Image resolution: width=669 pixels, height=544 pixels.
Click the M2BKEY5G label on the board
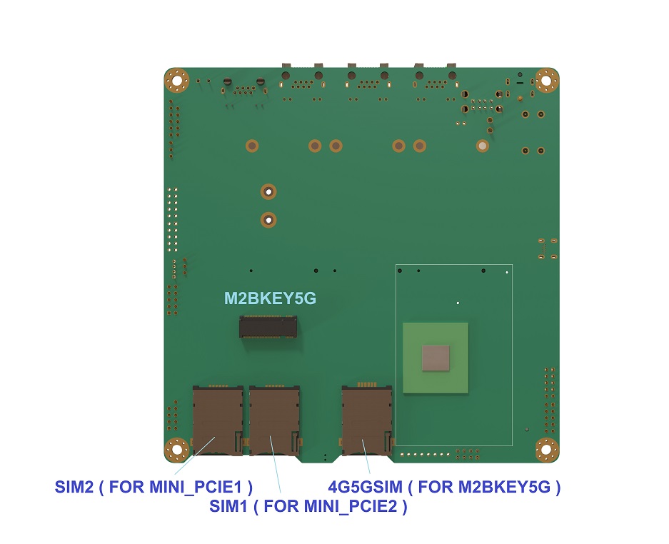tap(270, 298)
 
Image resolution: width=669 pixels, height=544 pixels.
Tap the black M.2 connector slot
tap(268, 327)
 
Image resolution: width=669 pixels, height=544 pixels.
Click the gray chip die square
tap(436, 358)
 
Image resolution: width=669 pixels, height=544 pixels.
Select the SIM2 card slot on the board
tap(218, 420)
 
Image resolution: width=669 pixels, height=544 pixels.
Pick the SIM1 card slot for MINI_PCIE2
tap(274, 420)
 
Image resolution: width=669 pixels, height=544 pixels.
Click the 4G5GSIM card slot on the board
tap(367, 420)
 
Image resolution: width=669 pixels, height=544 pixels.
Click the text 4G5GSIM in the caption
tap(366, 487)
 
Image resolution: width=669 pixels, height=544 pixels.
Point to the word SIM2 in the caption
tap(74, 487)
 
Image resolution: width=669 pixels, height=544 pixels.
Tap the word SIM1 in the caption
tap(228, 506)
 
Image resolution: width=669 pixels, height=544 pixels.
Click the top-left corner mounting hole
tap(176, 80)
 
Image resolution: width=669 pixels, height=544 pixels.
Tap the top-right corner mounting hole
tap(546, 80)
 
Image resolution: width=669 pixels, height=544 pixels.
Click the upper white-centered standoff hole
tap(268, 192)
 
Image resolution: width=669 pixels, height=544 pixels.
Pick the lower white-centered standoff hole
tap(268, 220)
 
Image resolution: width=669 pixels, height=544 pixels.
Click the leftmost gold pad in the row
tap(252, 146)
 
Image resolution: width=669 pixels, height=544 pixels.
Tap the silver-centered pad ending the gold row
tap(483, 146)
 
